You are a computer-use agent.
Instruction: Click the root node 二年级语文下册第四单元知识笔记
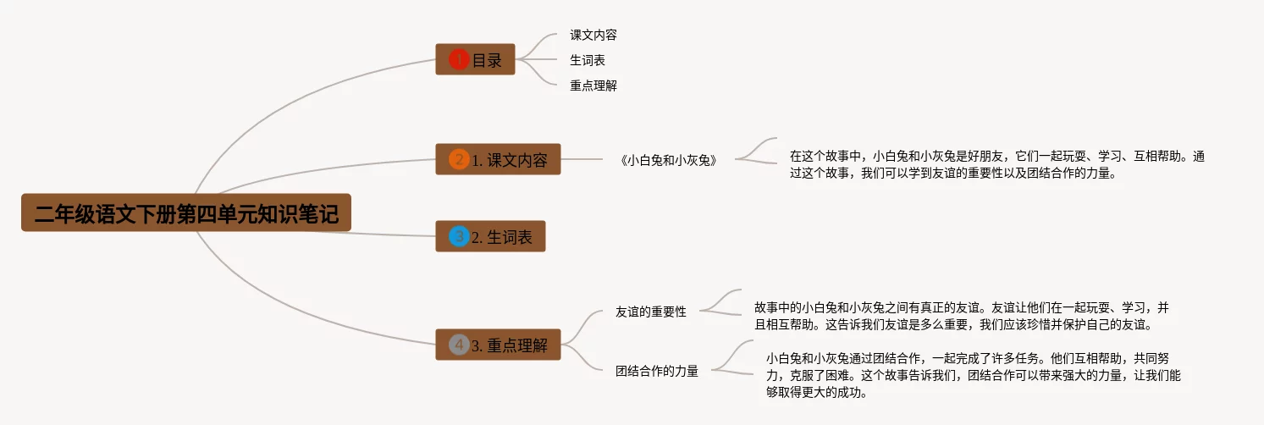tap(185, 212)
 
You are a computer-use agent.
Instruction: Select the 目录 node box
tap(475, 59)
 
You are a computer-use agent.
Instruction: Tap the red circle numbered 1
tap(458, 59)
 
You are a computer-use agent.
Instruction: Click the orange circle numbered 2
tap(458, 159)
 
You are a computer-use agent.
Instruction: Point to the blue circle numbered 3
tap(458, 236)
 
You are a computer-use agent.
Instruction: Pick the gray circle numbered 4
tap(458, 345)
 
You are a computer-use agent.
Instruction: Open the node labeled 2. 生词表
tap(490, 236)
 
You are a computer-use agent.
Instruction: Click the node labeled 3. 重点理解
tap(498, 345)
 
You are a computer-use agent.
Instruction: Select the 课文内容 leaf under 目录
tap(593, 35)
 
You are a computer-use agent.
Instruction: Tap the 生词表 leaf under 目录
tap(588, 60)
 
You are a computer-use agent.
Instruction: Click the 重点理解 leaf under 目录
tap(593, 86)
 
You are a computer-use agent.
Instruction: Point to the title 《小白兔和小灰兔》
tap(668, 159)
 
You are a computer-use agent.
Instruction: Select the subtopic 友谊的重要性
tap(650, 312)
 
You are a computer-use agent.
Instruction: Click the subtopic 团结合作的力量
tap(656, 371)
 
